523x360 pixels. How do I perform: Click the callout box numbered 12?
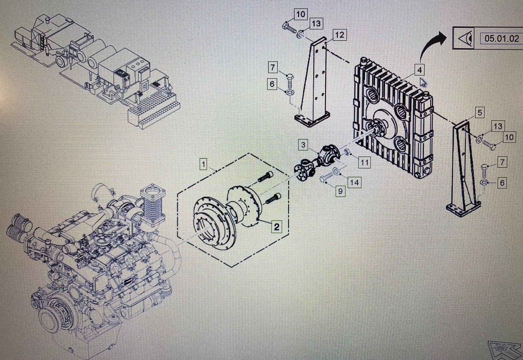click(x=339, y=35)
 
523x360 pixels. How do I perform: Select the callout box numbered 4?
click(x=419, y=70)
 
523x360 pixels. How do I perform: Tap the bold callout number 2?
click(x=276, y=226)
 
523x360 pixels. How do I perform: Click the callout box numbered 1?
click(x=204, y=164)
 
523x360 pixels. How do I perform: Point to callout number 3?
click(x=303, y=145)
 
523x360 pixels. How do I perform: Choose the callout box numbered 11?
click(x=364, y=163)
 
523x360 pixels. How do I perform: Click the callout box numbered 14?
click(x=354, y=182)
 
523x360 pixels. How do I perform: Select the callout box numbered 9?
click(x=340, y=191)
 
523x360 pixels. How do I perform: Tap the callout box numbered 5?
click(x=479, y=113)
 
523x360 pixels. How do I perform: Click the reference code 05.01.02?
click(x=502, y=38)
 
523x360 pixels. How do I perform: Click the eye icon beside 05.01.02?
click(x=463, y=38)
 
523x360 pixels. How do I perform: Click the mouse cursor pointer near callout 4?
click(x=423, y=82)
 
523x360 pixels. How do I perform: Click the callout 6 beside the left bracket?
click(x=272, y=84)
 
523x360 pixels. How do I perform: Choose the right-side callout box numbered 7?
click(x=502, y=162)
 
